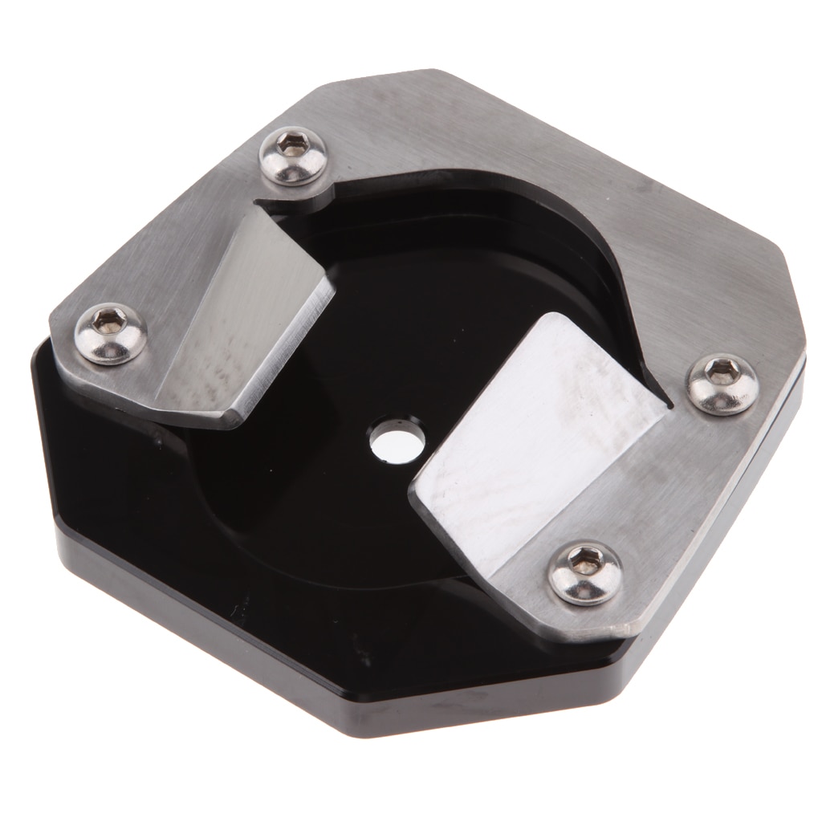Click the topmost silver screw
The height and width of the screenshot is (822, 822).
click(294, 156)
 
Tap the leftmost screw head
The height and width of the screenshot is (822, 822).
click(111, 332)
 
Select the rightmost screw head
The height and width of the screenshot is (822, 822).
click(723, 384)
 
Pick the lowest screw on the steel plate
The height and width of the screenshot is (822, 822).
click(585, 572)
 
